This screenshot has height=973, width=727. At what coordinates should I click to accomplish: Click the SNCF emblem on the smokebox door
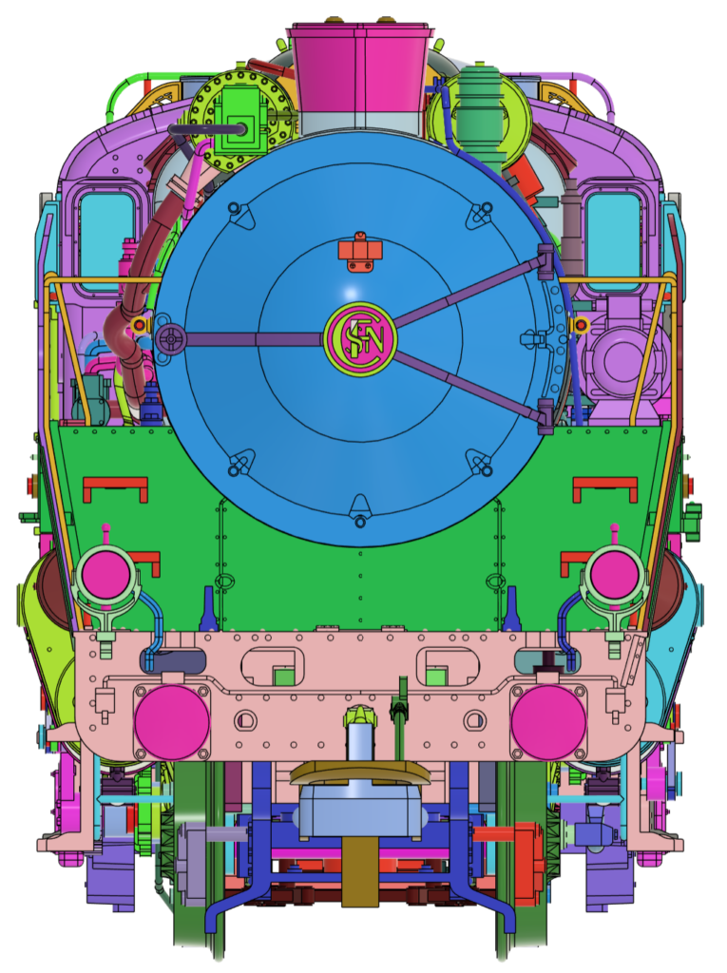tap(360, 339)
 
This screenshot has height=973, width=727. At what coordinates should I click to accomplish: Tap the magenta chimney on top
tap(360, 68)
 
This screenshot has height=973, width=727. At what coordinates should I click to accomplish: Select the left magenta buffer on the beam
tap(172, 722)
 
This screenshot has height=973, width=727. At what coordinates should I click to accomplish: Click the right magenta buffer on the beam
tap(548, 722)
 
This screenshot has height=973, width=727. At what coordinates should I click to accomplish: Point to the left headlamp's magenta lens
tap(105, 575)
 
